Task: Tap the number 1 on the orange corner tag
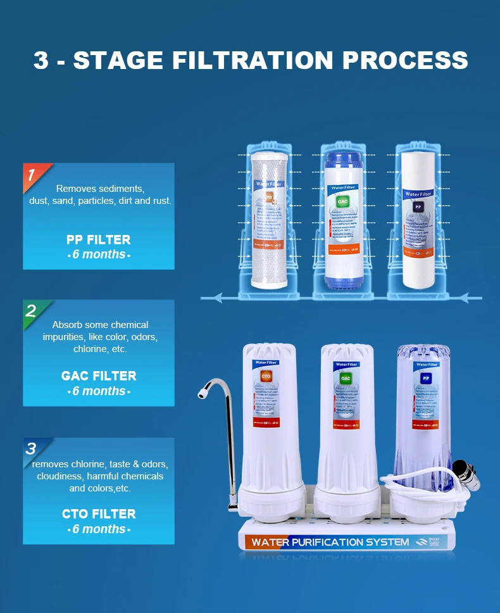tap(31, 175)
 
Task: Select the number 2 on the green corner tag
tap(30, 311)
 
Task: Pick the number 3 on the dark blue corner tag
tap(30, 449)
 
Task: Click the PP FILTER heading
tap(98, 240)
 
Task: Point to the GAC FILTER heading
tap(98, 376)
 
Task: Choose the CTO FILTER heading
tap(98, 514)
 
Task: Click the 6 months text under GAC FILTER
tap(98, 391)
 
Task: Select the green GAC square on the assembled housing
tap(346, 378)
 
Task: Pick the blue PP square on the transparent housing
tap(425, 378)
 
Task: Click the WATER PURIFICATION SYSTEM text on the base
tap(330, 542)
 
